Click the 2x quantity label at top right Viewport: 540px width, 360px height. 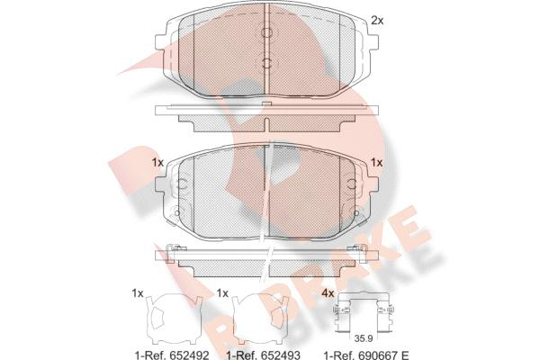(377, 21)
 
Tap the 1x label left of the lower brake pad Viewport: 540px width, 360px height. (157, 162)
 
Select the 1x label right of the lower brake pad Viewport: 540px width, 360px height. (377, 162)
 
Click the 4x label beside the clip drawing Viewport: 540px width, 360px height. (328, 293)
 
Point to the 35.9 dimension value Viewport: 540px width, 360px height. (364, 338)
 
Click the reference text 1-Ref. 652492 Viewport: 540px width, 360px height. (172, 355)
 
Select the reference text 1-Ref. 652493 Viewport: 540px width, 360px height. (263, 355)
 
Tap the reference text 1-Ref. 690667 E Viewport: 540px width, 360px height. (366, 355)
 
